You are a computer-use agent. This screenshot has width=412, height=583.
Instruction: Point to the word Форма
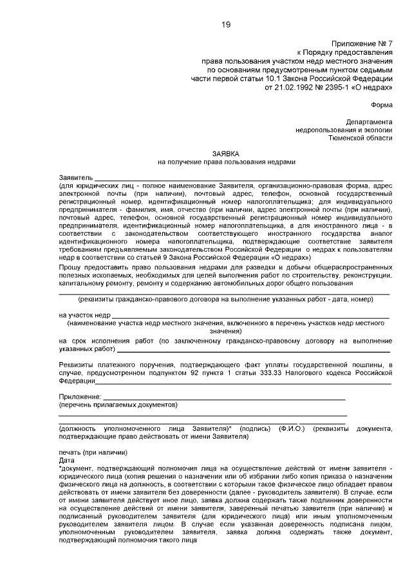(x=381, y=104)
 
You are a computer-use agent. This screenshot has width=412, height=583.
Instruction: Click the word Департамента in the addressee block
(x=368, y=122)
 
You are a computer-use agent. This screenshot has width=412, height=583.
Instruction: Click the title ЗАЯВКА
(x=225, y=154)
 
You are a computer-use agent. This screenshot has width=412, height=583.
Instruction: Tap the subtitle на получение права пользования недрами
(x=225, y=162)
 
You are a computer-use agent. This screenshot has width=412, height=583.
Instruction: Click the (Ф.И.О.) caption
(x=292, y=428)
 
